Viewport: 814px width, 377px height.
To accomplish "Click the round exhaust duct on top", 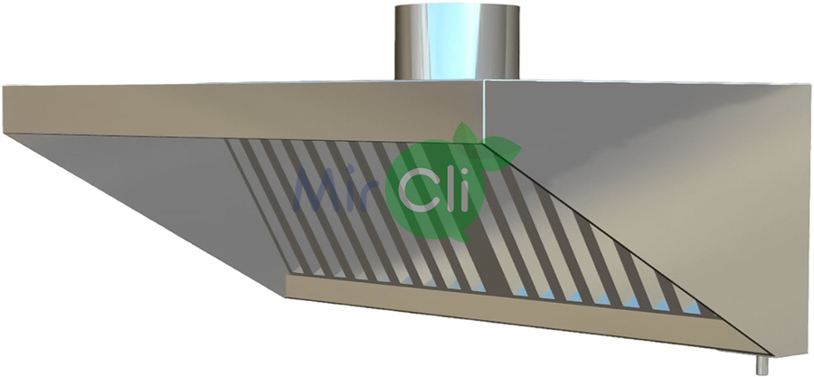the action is point(457,42).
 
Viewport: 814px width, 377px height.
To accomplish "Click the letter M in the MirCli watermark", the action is point(317,189).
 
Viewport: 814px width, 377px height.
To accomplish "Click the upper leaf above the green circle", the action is point(466,134).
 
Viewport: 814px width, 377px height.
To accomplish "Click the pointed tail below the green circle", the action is point(464,236).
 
